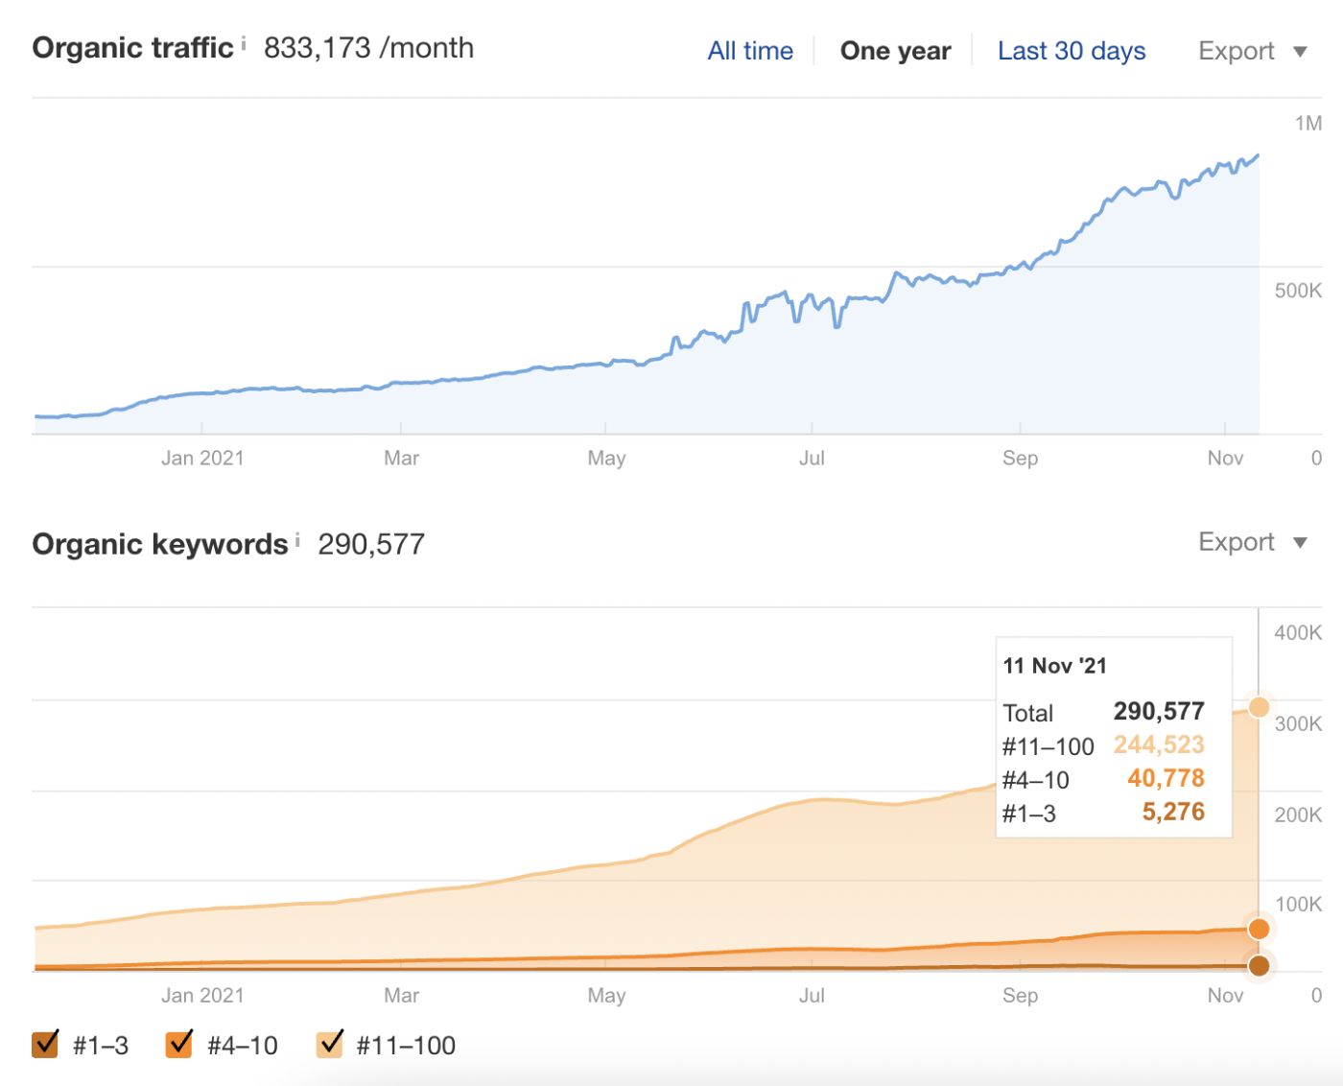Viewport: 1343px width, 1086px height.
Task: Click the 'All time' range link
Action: [750, 51]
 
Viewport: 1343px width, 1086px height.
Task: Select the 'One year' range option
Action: [895, 51]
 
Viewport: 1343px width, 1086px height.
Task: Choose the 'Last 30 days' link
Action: [1072, 51]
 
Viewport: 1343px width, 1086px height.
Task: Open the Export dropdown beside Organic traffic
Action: [1252, 51]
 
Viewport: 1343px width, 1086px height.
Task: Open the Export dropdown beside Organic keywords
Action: [1252, 542]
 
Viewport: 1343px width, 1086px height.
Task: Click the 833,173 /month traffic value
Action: [368, 48]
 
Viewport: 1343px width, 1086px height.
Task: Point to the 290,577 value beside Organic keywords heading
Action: [371, 544]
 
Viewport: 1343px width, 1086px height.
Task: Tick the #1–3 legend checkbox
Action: [45, 1044]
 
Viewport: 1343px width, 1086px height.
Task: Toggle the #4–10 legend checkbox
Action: [179, 1044]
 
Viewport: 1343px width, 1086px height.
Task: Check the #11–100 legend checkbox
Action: [330, 1044]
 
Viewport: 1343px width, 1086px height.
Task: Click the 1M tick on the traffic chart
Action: [1308, 123]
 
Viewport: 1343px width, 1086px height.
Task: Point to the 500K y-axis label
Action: [1297, 291]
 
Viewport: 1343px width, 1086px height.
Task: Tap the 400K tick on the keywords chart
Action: [1297, 632]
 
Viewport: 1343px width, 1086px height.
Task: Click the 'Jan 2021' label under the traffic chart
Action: [202, 459]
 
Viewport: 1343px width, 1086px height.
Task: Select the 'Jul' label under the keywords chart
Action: [812, 996]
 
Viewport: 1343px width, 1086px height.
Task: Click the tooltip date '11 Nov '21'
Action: [1054, 666]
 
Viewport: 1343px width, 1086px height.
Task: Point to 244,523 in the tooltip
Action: [1158, 745]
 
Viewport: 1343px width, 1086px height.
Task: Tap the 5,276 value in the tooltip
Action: [1172, 813]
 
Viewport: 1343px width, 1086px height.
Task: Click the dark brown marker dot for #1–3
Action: [1259, 965]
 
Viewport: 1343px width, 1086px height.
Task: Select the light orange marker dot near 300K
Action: [1259, 707]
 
